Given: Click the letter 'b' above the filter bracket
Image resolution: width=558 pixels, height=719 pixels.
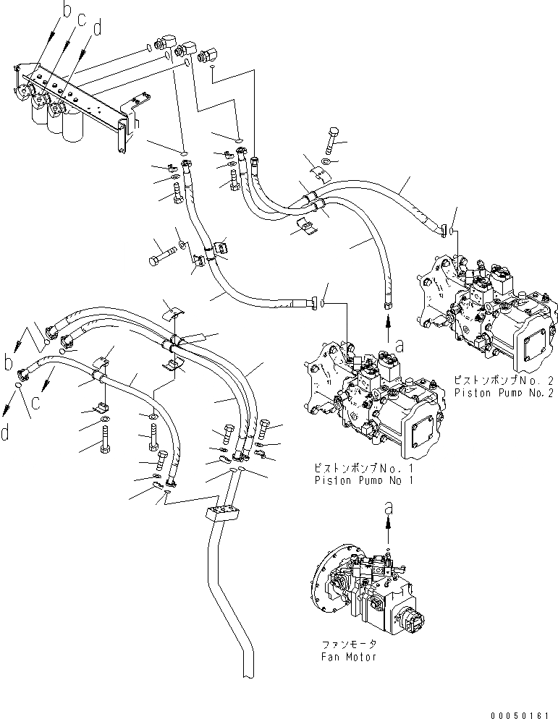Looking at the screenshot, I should [67, 10].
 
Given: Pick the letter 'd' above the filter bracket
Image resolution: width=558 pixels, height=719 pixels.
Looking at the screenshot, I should [98, 30].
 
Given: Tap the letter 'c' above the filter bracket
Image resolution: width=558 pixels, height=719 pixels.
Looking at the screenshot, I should [83, 20].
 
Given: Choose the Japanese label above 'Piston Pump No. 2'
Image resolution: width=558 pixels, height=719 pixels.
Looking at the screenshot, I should [504, 380].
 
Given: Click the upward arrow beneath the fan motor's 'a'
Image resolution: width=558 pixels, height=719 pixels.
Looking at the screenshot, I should [389, 535].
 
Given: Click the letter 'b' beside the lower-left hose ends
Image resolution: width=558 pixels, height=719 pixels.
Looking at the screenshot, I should [9, 359].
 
